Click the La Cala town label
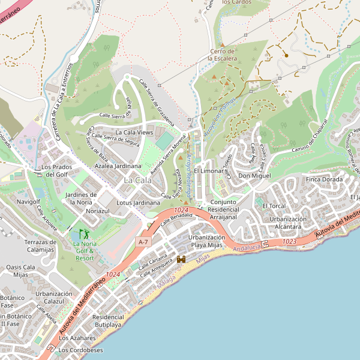click(137, 180)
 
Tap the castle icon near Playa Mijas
click(181, 259)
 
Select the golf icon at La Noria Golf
click(83, 233)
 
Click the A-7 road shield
click(142, 241)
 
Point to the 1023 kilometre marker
click(289, 241)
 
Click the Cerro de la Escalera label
click(223, 55)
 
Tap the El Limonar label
click(208, 171)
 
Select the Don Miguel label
click(254, 176)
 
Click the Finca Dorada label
click(324, 179)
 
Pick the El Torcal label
click(274, 206)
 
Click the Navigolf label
click(29, 202)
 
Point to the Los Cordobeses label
click(80, 350)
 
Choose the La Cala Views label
click(134, 132)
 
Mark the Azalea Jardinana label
click(118, 166)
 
